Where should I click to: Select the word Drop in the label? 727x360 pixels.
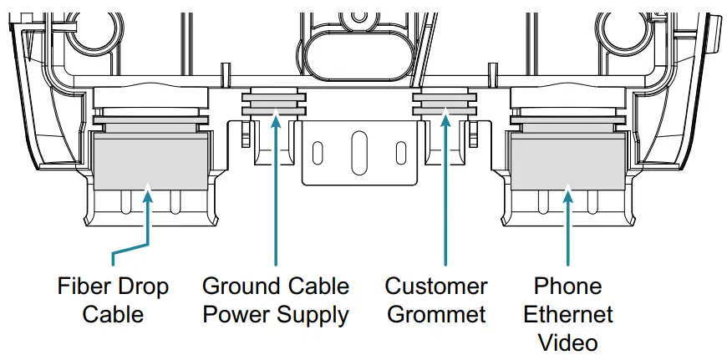click(143, 286)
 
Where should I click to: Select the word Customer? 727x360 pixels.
click(435, 286)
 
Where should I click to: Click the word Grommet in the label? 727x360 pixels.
click(435, 315)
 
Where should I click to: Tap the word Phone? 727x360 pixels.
click(568, 286)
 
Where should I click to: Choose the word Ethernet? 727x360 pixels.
click(568, 315)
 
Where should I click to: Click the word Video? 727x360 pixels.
click(568, 342)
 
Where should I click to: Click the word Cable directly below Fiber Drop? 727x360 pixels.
click(113, 315)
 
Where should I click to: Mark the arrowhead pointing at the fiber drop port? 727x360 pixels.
click(148, 196)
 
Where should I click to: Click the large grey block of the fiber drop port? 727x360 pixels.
click(148, 163)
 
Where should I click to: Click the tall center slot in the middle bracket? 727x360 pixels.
click(358, 150)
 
